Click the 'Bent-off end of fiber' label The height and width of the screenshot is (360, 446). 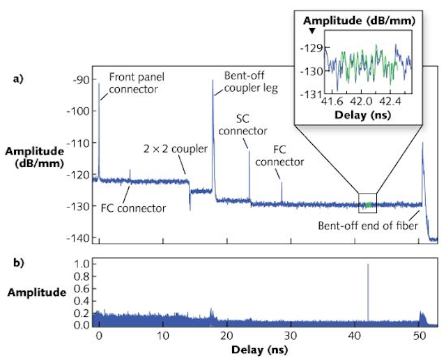coord(362,225)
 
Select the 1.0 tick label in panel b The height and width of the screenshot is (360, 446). coord(82,264)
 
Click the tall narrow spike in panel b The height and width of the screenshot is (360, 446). coord(367,292)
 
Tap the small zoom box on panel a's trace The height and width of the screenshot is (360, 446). coord(367,202)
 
